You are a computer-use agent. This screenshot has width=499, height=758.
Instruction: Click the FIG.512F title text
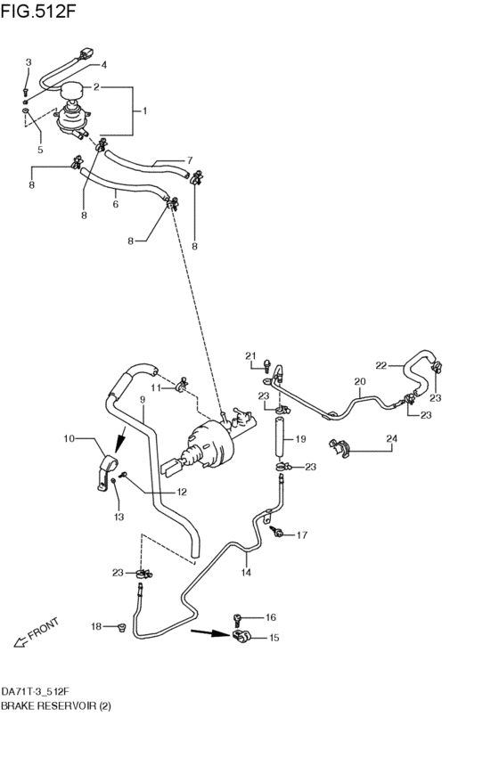pos(38,11)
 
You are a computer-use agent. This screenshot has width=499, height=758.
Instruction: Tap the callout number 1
pos(144,110)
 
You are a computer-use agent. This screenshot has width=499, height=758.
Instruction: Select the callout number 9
pos(143,400)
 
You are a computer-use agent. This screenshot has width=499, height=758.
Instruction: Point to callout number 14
pos(246,573)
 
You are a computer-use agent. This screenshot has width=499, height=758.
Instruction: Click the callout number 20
pos(360,381)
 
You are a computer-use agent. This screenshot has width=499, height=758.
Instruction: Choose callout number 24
pos(392,438)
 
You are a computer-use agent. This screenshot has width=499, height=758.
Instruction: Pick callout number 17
pos(302,535)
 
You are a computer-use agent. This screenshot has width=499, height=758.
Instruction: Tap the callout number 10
pos(70,438)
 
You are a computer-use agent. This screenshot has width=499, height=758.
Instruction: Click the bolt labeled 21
pos(266,366)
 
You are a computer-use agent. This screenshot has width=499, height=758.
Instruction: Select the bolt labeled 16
pos(237,620)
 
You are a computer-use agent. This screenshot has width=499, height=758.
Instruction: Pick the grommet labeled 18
pos(120,627)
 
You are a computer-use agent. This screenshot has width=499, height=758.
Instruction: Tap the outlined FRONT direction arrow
pos(20,642)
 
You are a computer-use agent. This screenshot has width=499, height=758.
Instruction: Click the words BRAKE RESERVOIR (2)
pos(55,706)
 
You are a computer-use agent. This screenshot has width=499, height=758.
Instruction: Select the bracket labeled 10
pos(106,472)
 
